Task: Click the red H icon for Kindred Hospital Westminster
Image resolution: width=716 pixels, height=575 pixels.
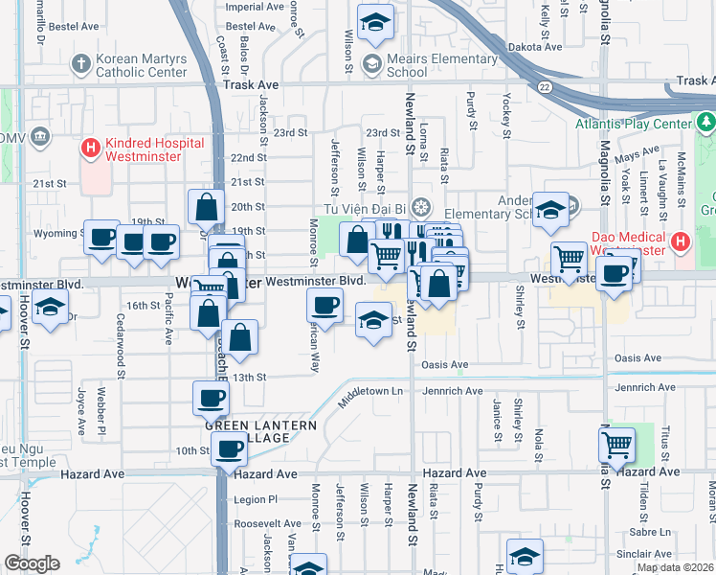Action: pyautogui.click(x=91, y=148)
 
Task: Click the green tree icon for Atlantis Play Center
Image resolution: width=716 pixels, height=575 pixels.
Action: pyautogui.click(x=706, y=123)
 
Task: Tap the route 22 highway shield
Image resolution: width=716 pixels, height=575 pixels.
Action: pyautogui.click(x=543, y=87)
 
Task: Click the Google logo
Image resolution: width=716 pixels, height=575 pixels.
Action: pyautogui.click(x=32, y=563)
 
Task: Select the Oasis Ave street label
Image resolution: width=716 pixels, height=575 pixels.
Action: pyautogui.click(x=445, y=365)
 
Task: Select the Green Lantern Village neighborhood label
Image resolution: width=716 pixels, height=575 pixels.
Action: pyautogui.click(x=246, y=429)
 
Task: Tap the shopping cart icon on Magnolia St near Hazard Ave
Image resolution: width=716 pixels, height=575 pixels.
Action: pyautogui.click(x=617, y=444)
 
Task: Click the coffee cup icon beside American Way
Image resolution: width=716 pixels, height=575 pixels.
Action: pyautogui.click(x=324, y=306)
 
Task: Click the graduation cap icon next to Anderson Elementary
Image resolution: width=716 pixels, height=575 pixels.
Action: pyautogui.click(x=550, y=210)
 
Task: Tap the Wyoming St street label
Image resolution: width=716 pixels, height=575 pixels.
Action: pyautogui.click(x=56, y=233)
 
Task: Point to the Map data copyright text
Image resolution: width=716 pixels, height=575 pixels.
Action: pyautogui.click(x=675, y=567)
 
